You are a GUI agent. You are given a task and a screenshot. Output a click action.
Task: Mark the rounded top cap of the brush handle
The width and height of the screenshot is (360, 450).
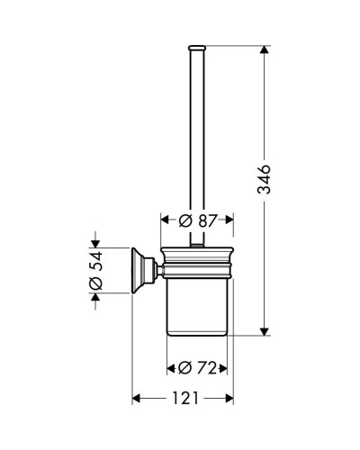click(197, 45)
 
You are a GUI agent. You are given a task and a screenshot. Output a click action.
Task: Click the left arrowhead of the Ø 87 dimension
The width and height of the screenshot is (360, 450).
click(164, 219)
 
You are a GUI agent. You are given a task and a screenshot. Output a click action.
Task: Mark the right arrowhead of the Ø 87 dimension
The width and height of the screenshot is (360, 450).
click(231, 219)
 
